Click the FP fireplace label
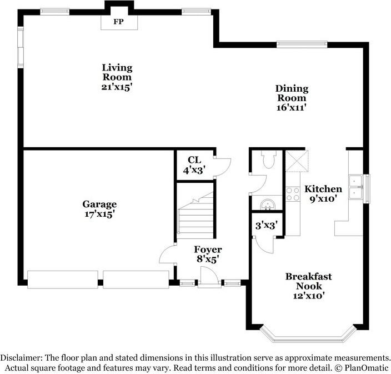117,22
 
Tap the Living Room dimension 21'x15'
117,87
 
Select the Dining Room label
292,93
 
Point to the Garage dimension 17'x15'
99,213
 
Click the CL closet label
194,160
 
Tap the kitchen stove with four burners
292,194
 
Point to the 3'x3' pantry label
266,225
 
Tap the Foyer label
207,250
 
